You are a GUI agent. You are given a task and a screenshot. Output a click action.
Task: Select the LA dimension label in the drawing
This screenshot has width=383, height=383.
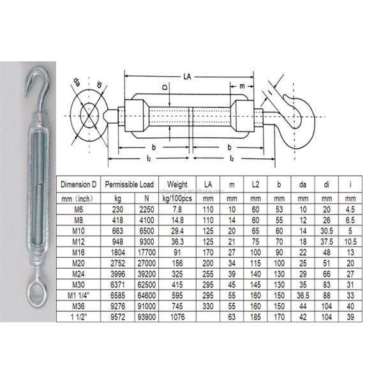coord(187,76)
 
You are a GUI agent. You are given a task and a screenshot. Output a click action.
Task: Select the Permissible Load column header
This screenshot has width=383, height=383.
coord(130,184)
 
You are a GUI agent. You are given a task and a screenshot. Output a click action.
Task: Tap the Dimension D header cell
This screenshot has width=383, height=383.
coord(79,184)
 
